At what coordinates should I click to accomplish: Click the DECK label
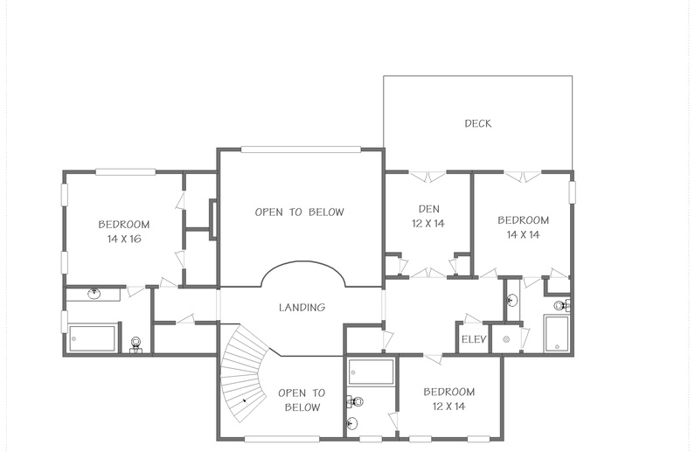click(478, 123)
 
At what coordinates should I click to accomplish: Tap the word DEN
click(428, 209)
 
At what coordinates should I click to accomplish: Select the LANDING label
click(302, 307)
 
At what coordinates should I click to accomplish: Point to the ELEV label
click(474, 339)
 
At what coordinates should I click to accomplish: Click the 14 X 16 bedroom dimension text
click(124, 239)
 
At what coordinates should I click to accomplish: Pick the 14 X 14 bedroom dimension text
click(523, 234)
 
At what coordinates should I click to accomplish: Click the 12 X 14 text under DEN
click(428, 223)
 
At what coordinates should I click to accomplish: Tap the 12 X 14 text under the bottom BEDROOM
click(449, 406)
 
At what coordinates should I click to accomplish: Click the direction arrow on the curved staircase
click(244, 400)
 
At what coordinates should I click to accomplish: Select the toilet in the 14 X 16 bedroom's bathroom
click(136, 344)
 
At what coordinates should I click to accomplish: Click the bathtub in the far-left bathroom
click(92, 338)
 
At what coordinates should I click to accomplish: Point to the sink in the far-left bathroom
click(94, 294)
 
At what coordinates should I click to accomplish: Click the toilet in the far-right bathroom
click(561, 305)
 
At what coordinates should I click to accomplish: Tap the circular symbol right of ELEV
click(506, 339)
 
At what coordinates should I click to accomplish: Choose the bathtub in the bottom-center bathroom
click(371, 372)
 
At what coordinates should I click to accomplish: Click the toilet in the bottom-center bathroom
click(355, 402)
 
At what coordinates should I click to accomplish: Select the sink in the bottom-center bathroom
click(352, 424)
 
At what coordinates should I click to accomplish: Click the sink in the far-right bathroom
click(511, 301)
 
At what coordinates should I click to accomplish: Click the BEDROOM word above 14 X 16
click(124, 224)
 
